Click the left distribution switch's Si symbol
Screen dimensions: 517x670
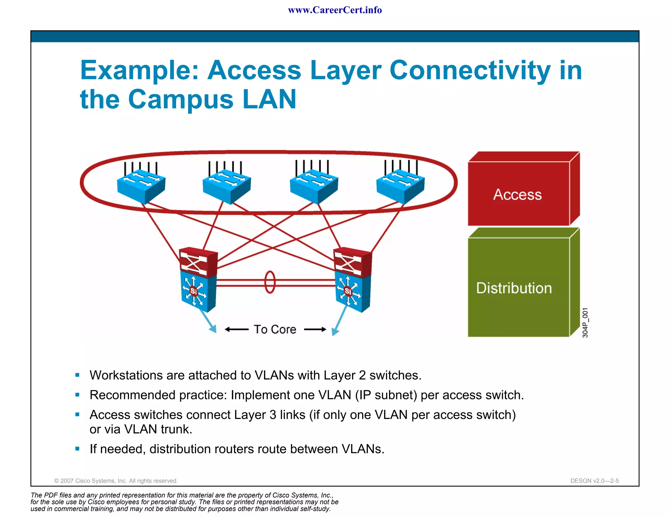tap(194, 291)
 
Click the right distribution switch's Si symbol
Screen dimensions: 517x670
tap(348, 291)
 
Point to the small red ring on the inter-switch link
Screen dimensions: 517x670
tap(270, 282)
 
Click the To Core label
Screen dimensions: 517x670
tap(275, 329)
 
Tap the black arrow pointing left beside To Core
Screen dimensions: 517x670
tap(237, 329)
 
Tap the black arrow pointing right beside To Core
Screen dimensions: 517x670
tap(315, 329)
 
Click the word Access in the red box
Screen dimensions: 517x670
tap(517, 194)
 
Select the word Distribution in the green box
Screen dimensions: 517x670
tap(514, 288)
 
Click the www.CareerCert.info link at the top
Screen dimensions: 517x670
tap(335, 10)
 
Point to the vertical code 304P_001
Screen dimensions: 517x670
tap(585, 323)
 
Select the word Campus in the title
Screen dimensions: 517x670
tap(181, 99)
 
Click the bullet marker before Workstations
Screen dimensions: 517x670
tap(78, 375)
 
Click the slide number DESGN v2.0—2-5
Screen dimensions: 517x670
tap(594, 481)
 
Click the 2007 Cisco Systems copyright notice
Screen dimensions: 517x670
tap(116, 481)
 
